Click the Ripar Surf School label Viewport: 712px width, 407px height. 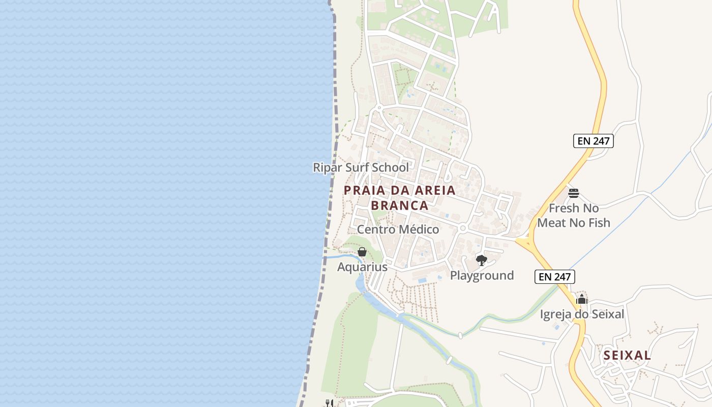coord(361,167)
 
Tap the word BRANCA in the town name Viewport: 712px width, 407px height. coord(399,206)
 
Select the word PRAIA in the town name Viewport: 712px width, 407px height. coord(362,191)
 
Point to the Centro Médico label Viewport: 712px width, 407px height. coord(398,229)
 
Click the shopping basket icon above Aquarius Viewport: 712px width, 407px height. coord(362,252)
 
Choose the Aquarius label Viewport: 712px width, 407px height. coord(362,267)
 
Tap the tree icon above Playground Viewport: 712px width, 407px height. coord(481,261)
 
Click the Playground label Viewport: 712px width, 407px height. coord(482,276)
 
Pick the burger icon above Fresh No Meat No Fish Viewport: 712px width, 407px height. coord(574,193)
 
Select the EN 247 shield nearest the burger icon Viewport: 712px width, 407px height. coord(594,141)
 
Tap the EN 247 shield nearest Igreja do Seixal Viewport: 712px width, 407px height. coord(555,277)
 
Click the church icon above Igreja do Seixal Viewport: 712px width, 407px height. coord(582,299)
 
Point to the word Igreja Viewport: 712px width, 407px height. coord(557,314)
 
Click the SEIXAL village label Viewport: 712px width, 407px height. coord(627,356)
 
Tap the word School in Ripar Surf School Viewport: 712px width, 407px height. coord(390,167)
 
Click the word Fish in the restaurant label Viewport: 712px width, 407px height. coord(599,222)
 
